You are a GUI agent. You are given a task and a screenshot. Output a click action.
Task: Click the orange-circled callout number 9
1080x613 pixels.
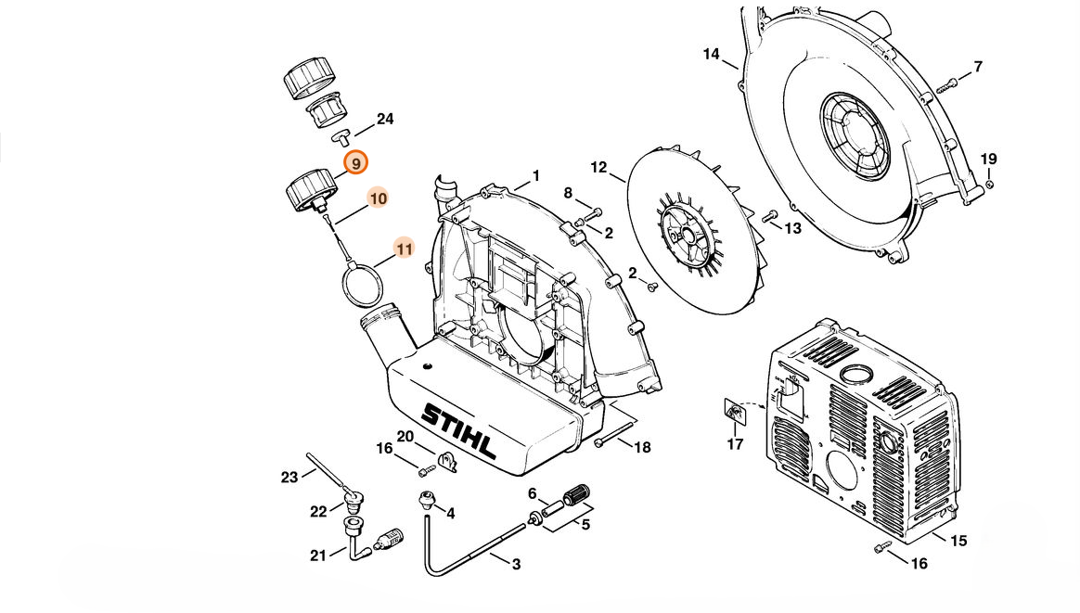click(356, 163)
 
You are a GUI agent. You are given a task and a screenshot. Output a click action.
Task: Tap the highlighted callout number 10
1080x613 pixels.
click(378, 198)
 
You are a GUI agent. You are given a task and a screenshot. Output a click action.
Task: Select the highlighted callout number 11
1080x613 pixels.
click(405, 249)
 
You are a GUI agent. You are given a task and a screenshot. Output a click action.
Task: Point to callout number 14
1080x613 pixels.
click(711, 54)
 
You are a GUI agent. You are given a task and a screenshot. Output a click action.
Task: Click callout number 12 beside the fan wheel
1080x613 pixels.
click(598, 167)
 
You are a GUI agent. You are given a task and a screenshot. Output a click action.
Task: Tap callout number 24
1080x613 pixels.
click(385, 119)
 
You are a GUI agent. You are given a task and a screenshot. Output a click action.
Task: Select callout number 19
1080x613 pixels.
click(988, 160)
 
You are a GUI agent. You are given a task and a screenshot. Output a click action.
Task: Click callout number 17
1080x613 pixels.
click(735, 444)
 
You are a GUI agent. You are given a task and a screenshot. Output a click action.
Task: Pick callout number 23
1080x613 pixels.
click(289, 477)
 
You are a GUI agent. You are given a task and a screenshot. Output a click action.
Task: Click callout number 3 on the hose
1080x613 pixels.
click(516, 564)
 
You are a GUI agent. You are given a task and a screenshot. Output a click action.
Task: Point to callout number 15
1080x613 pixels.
click(958, 541)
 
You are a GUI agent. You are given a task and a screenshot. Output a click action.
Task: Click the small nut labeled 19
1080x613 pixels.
click(989, 184)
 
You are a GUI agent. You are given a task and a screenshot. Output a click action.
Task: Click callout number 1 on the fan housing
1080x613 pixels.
click(535, 176)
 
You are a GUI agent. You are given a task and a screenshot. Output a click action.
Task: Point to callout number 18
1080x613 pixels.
click(642, 448)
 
